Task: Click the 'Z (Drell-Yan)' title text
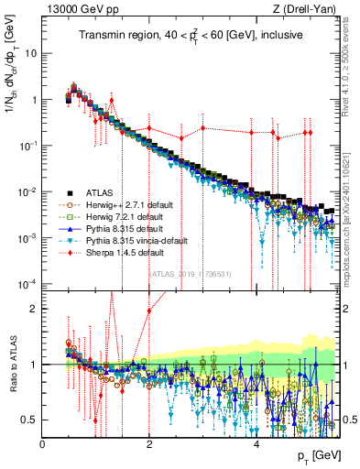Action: tap(307, 9)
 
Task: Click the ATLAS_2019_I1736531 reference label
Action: tap(189, 273)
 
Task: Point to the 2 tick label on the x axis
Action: tap(149, 442)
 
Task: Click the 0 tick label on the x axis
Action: tap(43, 442)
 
